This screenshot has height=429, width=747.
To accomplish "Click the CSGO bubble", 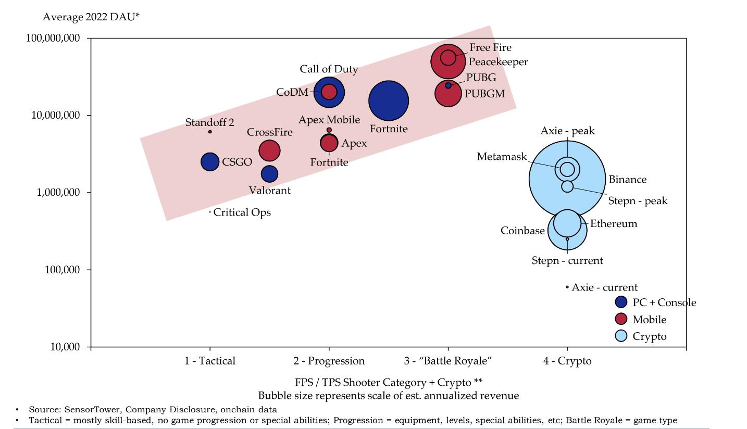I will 210,162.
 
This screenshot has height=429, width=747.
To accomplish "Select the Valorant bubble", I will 269,174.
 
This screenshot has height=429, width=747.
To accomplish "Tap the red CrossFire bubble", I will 269,150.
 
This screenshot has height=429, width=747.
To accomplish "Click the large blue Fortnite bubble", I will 389,101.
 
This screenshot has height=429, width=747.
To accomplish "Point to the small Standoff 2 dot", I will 210,132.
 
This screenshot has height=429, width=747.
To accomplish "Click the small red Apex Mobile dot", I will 329,130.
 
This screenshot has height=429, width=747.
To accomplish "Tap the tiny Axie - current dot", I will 567,287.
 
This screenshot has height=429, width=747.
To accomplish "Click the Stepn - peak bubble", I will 567,186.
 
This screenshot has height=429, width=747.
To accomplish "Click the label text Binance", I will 628,180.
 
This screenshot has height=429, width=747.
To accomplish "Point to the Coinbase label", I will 522,231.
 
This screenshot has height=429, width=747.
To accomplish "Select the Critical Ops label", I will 242,212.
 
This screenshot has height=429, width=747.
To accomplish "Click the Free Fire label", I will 490,47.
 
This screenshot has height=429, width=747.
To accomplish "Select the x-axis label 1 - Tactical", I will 209,361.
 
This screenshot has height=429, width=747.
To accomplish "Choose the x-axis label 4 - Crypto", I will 567,361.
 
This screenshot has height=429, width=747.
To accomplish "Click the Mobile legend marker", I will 621,319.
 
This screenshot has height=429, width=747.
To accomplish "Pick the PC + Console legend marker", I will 621,302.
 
